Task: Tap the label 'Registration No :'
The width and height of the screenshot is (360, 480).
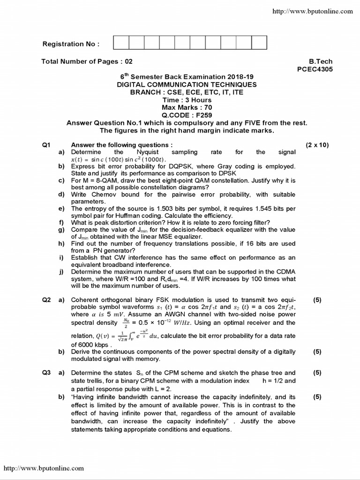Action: pyautogui.click(x=71, y=44)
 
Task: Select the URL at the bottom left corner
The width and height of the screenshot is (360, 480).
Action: pyautogui.click(x=44, y=468)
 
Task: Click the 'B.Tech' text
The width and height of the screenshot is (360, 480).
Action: pyautogui.click(x=321, y=61)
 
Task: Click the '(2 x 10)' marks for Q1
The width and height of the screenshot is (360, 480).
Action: pyautogui.click(x=317, y=145)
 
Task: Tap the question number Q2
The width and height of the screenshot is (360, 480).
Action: pyautogui.click(x=46, y=300)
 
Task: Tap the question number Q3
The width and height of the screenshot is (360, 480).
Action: pyautogui.click(x=46, y=373)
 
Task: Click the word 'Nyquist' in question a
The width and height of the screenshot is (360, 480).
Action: pyautogui.click(x=148, y=152)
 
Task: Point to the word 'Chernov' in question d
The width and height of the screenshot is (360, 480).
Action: pyautogui.click(x=103, y=195)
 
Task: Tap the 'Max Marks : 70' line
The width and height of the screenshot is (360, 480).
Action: pyautogui.click(x=187, y=107)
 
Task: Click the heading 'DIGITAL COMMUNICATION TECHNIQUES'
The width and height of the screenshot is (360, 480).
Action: pyautogui.click(x=187, y=84)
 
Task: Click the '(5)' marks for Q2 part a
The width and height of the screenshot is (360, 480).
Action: pyautogui.click(x=317, y=300)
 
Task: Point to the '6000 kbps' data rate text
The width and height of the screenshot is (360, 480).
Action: pyautogui.click(x=84, y=344)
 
